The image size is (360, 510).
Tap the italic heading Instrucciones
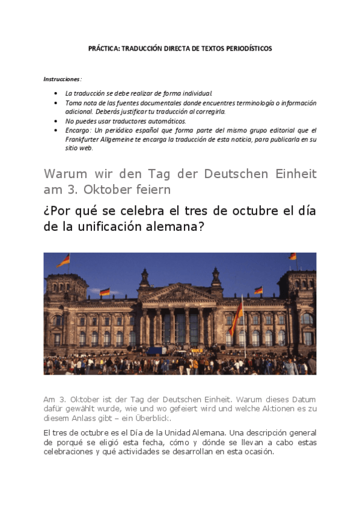[x=61, y=79]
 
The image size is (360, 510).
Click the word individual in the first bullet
[x=198, y=93]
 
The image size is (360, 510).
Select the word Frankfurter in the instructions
[x=81, y=139]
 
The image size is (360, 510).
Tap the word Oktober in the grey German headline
[x=98, y=189]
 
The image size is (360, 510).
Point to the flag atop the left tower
[x=64, y=260]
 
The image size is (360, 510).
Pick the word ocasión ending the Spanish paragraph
[x=258, y=452]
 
